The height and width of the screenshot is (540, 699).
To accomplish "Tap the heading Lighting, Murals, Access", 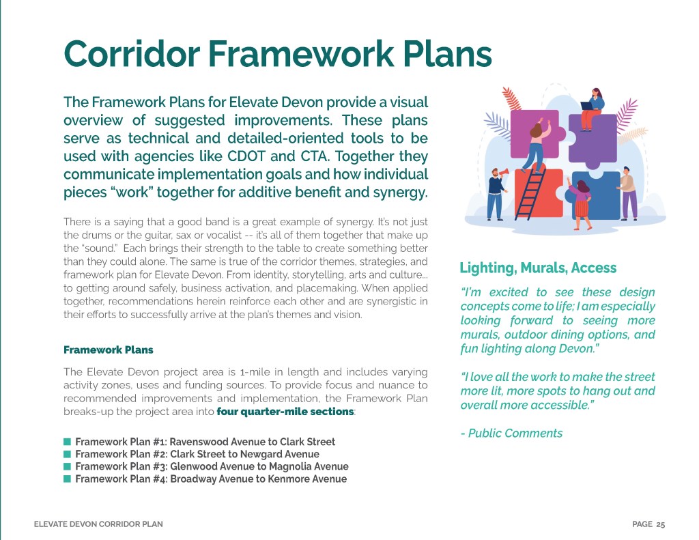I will click(538, 268).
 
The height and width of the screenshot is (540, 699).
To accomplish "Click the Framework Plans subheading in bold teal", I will click(108, 350).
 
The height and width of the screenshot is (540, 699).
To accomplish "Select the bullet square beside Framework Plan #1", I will click(67, 442).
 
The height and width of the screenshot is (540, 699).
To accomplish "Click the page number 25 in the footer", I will click(660, 524).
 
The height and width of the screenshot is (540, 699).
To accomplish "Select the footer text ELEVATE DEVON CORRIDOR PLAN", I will click(98, 524).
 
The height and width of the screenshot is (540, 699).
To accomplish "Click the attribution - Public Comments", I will click(511, 433).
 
